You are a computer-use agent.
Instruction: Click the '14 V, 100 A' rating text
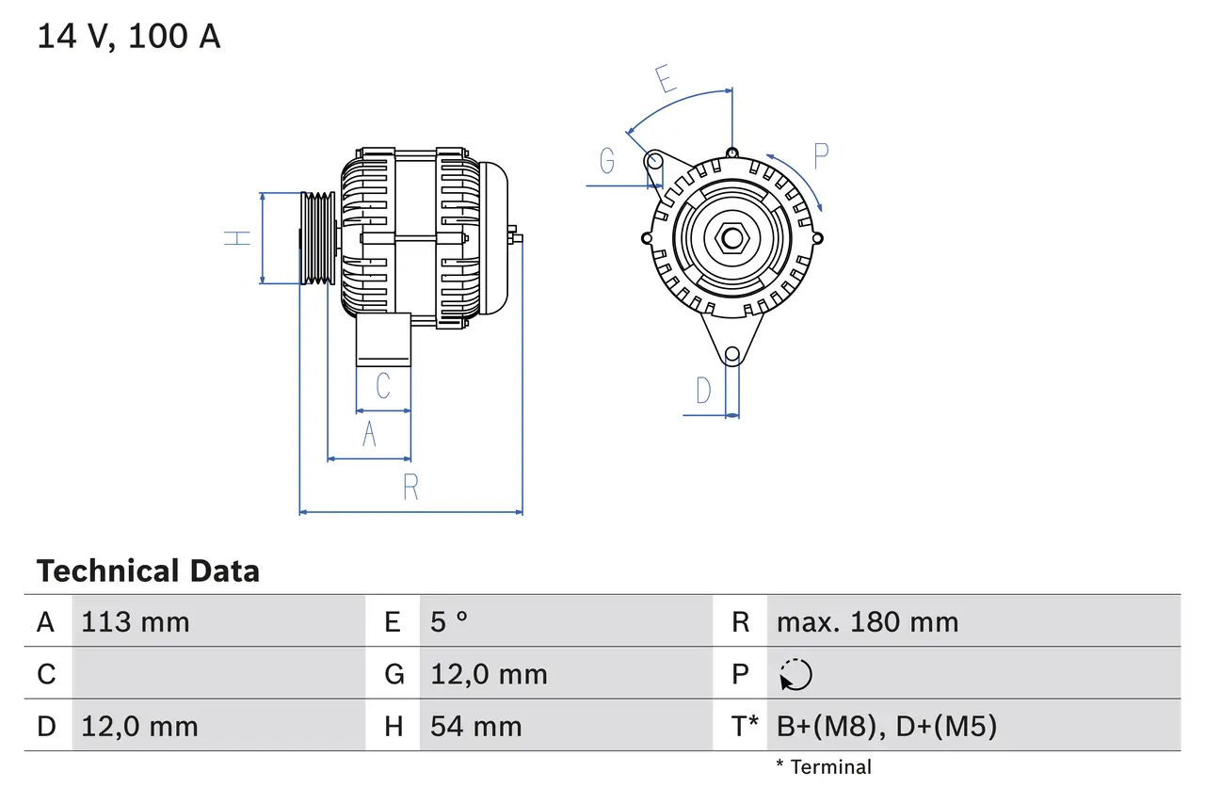tap(129, 36)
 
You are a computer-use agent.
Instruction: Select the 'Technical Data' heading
tap(148, 570)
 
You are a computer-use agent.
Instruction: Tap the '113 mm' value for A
tap(136, 621)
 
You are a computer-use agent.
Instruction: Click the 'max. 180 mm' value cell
tap(867, 621)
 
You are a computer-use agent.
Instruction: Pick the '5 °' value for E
tap(449, 621)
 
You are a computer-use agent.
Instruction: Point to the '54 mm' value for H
tap(475, 726)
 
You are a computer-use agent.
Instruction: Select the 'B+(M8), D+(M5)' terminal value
tap(886, 726)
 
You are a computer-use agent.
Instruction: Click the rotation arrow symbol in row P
tap(795, 674)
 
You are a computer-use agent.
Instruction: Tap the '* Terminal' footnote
tap(824, 767)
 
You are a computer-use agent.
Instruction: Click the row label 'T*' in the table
tap(744, 726)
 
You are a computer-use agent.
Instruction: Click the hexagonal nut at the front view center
tap(732, 238)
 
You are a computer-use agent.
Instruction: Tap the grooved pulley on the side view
tap(317, 238)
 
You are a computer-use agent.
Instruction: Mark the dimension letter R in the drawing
tap(410, 488)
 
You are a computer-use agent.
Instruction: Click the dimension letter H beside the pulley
tap(239, 238)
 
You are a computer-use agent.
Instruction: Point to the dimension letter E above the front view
tap(666, 79)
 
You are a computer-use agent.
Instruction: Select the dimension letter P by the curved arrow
tap(821, 155)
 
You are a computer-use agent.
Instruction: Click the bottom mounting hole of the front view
tap(731, 354)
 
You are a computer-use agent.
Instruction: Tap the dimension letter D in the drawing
tap(703, 390)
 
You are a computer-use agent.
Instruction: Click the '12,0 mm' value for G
tap(488, 674)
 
